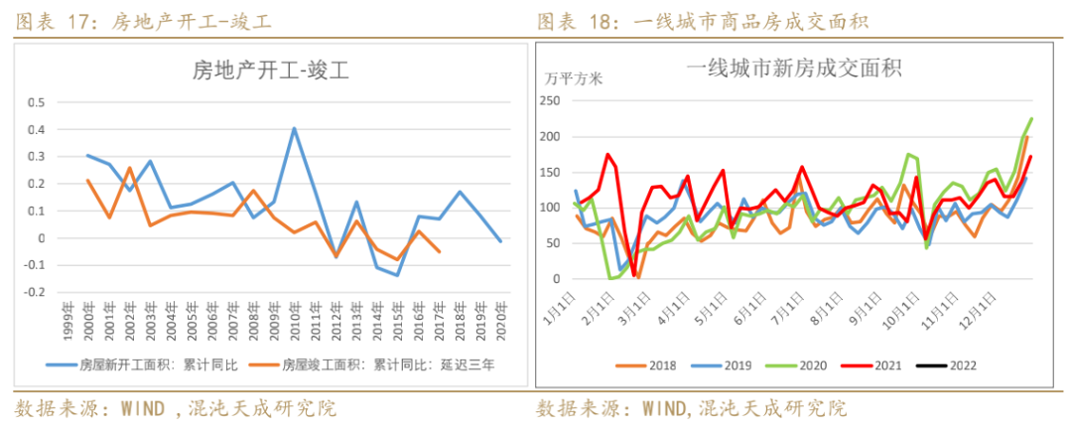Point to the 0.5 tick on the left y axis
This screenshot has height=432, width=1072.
click(x=37, y=102)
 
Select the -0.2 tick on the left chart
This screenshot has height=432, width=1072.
click(x=35, y=293)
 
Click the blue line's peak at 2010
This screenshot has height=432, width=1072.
click(x=295, y=128)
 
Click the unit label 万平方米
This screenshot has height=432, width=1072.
click(x=574, y=77)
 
